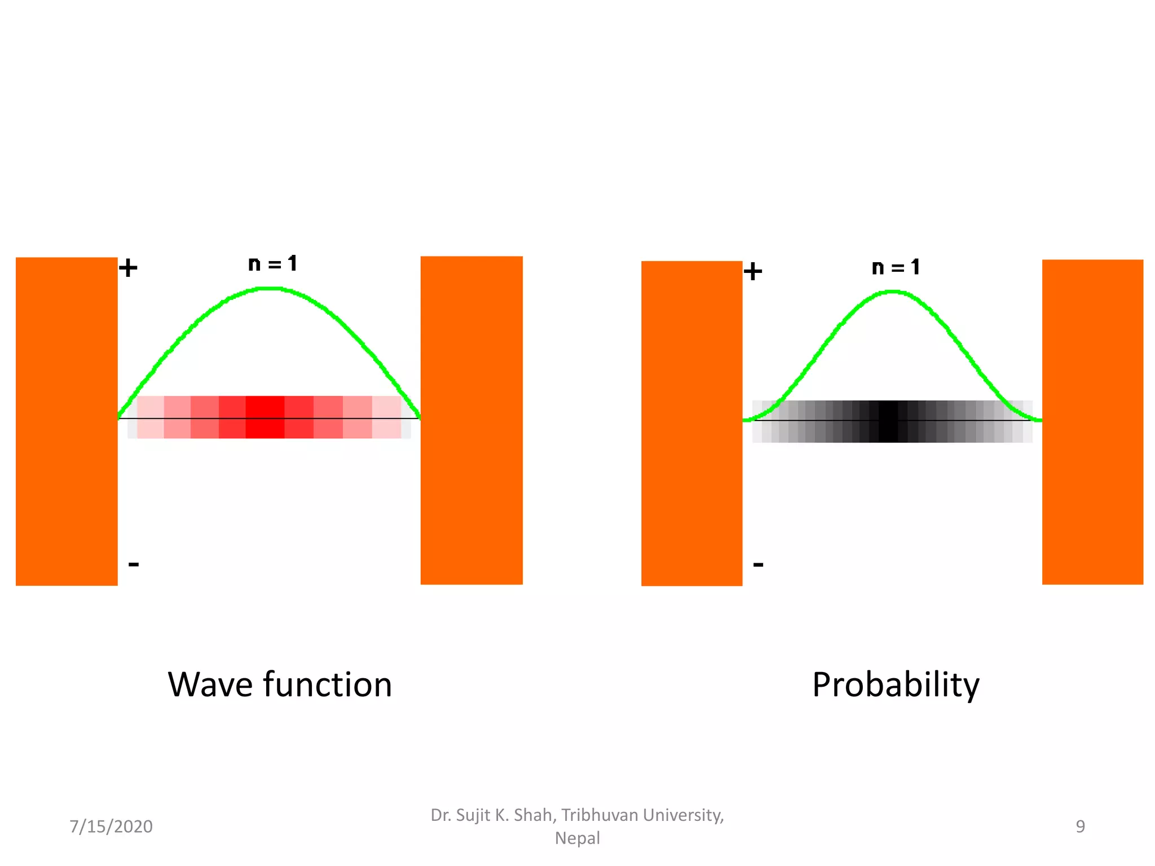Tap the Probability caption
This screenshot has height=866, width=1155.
896,686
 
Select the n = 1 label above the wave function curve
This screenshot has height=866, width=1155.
272,263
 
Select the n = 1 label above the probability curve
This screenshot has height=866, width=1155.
896,267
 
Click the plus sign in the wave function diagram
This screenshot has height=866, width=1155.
128,268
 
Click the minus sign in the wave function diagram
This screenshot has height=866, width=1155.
134,564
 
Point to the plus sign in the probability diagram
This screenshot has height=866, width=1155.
752,272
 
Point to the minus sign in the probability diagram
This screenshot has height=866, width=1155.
758,564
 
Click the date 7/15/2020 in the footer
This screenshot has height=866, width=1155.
111,827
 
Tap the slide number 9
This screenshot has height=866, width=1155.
1080,827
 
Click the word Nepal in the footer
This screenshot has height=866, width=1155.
577,838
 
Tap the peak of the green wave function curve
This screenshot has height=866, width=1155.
270,289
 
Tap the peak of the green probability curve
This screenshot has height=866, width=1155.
893,291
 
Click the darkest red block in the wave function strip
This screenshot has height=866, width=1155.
264,417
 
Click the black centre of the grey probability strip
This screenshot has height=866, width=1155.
888,422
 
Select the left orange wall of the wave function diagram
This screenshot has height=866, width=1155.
67,421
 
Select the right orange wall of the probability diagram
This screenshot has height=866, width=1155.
1092,422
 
